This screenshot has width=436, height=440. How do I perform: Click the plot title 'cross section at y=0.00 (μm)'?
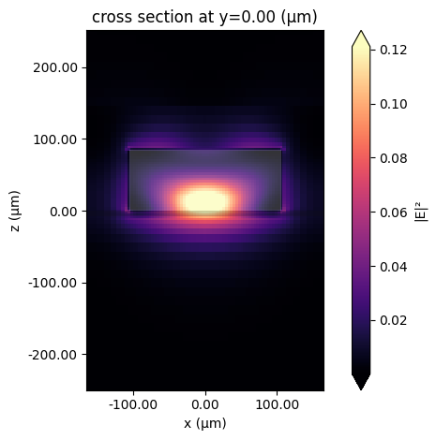(204, 17)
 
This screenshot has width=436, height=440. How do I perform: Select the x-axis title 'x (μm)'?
(204, 423)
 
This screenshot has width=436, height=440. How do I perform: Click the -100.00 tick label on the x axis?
(131, 404)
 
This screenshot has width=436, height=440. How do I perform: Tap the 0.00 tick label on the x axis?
(204, 404)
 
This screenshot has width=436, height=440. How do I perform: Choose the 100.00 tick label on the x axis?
(278, 404)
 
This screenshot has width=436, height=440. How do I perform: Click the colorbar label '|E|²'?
(423, 211)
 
